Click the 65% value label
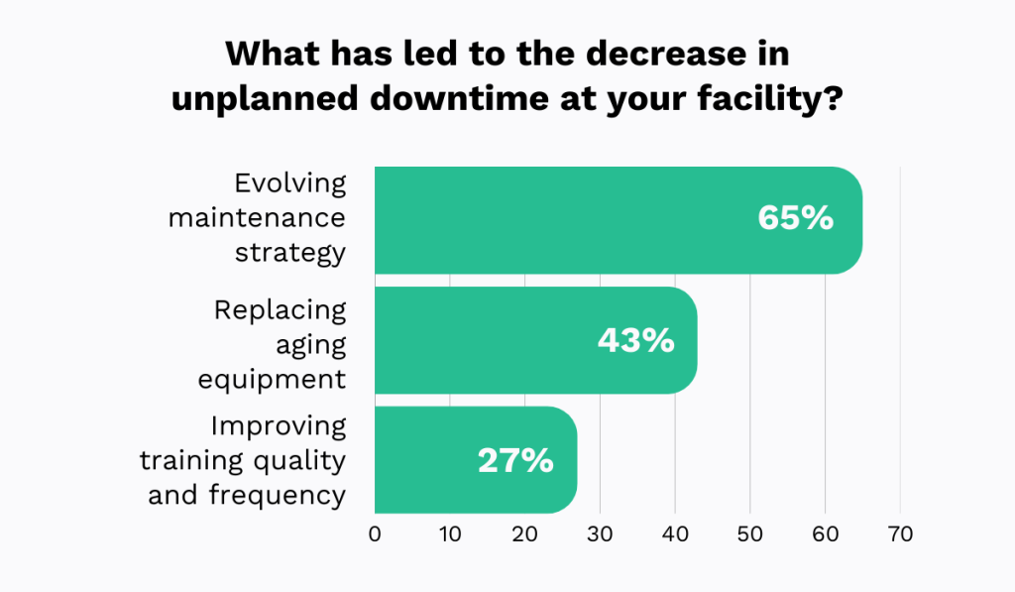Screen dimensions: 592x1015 click(795, 218)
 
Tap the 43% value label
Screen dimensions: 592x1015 click(635, 340)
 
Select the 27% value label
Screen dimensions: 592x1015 click(515, 460)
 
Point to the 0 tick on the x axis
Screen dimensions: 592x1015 click(375, 533)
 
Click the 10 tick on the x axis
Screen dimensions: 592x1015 click(450, 533)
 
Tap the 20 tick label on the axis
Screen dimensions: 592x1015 click(524, 533)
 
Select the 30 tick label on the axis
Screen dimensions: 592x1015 click(600, 533)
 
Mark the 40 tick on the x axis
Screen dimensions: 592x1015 click(675, 533)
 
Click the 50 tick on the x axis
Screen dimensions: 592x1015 click(750, 533)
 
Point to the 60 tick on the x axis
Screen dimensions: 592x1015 click(826, 533)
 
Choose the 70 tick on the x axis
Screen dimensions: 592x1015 click(900, 533)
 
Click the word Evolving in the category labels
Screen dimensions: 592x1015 click(290, 183)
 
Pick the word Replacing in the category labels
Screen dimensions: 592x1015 click(281, 310)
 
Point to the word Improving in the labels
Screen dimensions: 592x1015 click(279, 426)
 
